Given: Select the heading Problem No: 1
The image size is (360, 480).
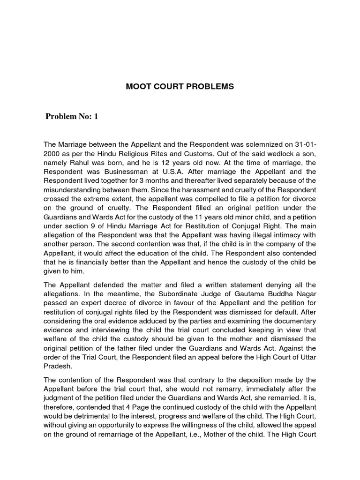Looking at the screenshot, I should point(72,117).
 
